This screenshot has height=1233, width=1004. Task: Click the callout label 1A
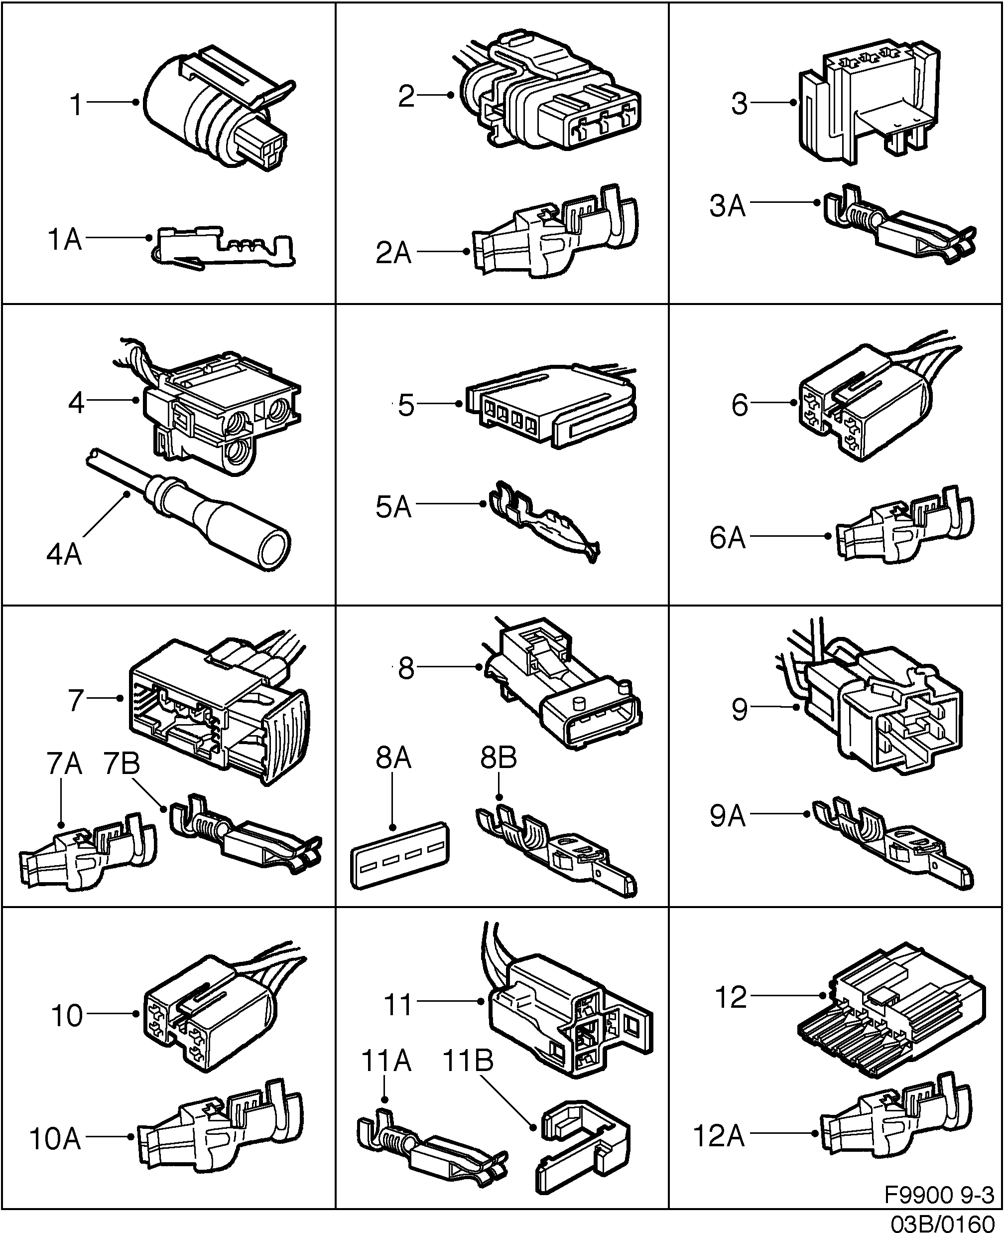[x=64, y=239]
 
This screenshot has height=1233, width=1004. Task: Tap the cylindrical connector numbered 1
[x=214, y=116]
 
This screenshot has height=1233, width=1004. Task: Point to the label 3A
[x=727, y=206]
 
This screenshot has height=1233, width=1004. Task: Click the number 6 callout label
[x=740, y=405]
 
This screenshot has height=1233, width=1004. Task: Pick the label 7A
[x=64, y=764]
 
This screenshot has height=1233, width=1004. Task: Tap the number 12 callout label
[x=731, y=997]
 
